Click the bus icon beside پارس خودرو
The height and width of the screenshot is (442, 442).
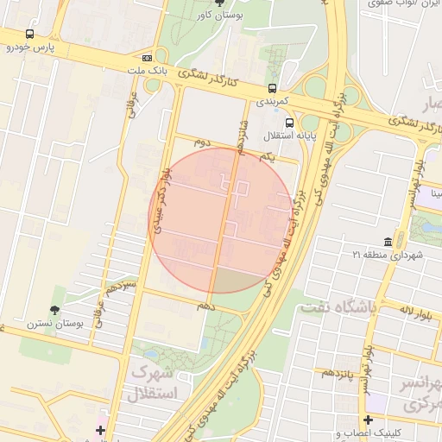click(30, 35)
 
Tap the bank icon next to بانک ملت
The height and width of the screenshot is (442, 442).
click(158, 58)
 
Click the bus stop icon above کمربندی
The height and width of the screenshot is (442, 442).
click(273, 88)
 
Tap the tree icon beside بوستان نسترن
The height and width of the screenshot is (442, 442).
click(56, 309)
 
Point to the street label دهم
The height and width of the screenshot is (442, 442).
click(205, 306)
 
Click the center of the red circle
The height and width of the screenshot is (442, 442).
click(222, 220)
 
